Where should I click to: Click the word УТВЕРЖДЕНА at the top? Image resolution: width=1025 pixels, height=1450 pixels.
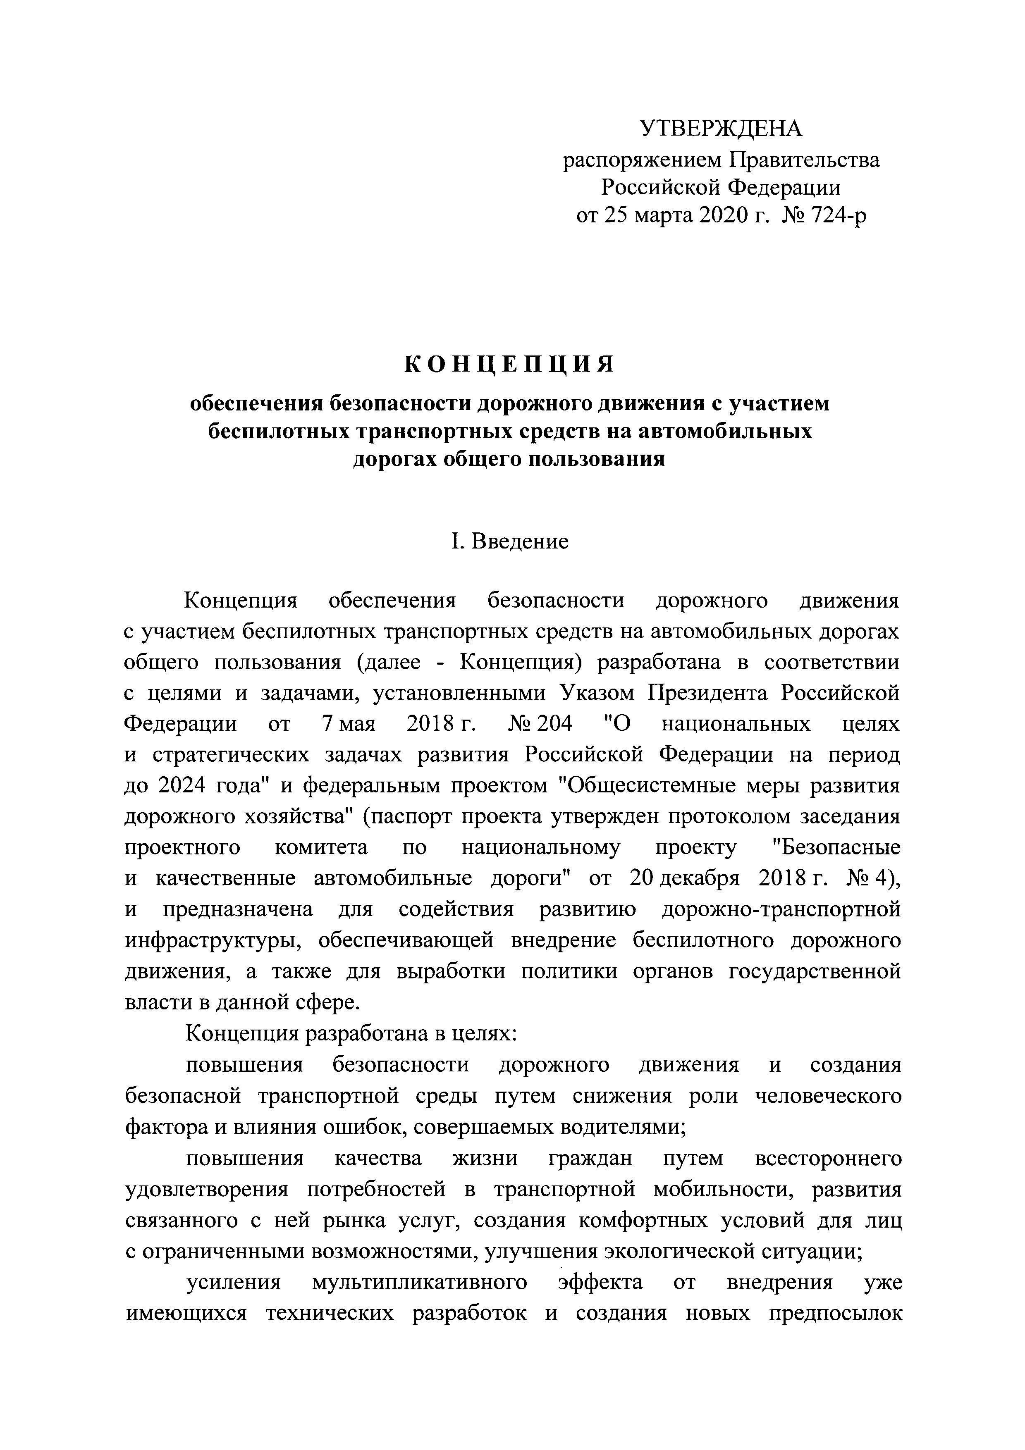tap(721, 129)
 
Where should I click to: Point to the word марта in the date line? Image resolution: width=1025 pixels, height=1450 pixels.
tap(662, 216)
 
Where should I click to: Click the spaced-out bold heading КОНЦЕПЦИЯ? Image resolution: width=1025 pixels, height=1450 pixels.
tap(509, 365)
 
